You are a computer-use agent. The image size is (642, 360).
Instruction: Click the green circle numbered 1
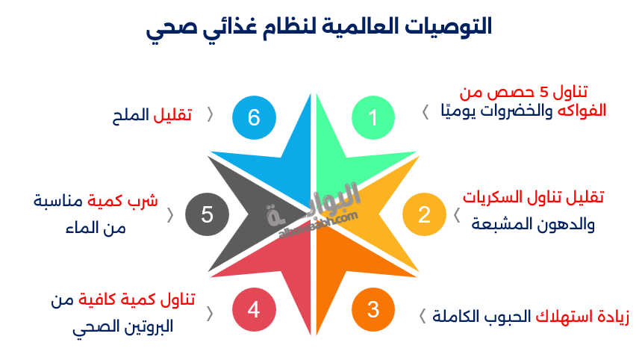click(373, 117)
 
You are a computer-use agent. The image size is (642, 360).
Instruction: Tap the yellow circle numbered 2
click(424, 214)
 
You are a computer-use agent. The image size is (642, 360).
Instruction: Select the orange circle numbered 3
click(373, 309)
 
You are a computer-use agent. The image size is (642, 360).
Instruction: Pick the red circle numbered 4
click(254, 309)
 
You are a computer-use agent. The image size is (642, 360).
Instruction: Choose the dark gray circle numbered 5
click(207, 214)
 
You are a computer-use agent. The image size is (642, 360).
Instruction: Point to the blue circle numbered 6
click(254, 117)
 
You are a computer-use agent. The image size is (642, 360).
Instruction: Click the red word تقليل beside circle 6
click(173, 116)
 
